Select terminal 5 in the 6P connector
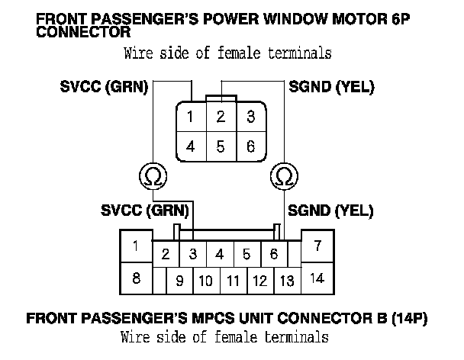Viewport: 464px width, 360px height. pyautogui.click(x=220, y=146)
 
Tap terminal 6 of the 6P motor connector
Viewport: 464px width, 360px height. pyautogui.click(x=250, y=146)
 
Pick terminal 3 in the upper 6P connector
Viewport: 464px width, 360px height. pyautogui.click(x=250, y=117)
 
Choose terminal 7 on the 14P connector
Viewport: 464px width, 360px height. pyautogui.click(x=317, y=246)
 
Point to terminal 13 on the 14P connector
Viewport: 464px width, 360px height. pyautogui.click(x=287, y=281)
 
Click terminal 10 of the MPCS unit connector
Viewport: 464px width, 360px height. pyautogui.click(x=205, y=281)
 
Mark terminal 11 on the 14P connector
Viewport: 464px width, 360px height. pyautogui.click(x=233, y=281)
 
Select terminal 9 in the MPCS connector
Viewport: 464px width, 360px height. pyautogui.click(x=179, y=281)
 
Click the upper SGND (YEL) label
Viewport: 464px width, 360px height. pyautogui.click(x=331, y=87)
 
